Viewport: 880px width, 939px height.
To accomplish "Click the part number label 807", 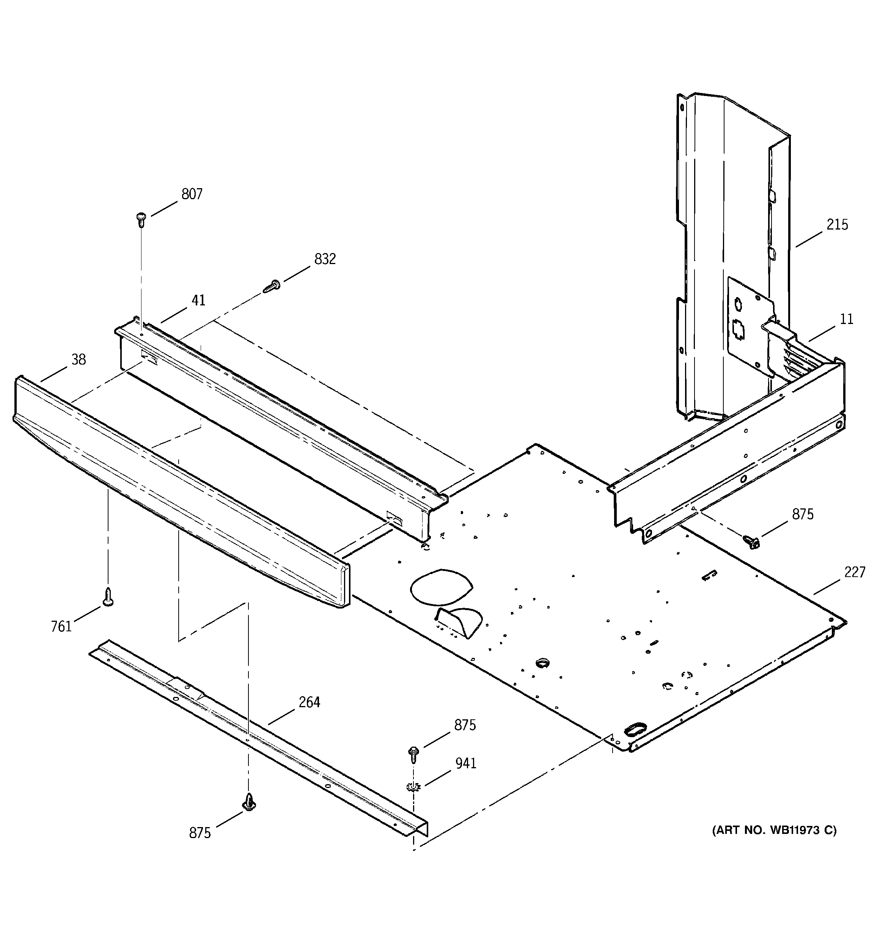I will coord(192,194).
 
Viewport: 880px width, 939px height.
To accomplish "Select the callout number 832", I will coord(325,259).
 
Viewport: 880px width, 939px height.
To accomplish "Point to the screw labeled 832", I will coord(272,286).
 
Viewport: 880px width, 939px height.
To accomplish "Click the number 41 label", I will coord(198,300).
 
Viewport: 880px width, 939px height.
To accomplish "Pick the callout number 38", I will coord(79,360).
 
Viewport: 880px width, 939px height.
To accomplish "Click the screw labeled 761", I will coord(108,597).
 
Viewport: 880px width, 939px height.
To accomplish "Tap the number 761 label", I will coord(61,627).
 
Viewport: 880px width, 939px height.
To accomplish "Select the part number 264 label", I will coord(310,702).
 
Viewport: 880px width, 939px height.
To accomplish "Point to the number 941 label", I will coord(465,763).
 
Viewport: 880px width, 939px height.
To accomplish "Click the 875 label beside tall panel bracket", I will coord(803,514).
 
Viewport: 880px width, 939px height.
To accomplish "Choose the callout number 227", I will coord(855,573).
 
